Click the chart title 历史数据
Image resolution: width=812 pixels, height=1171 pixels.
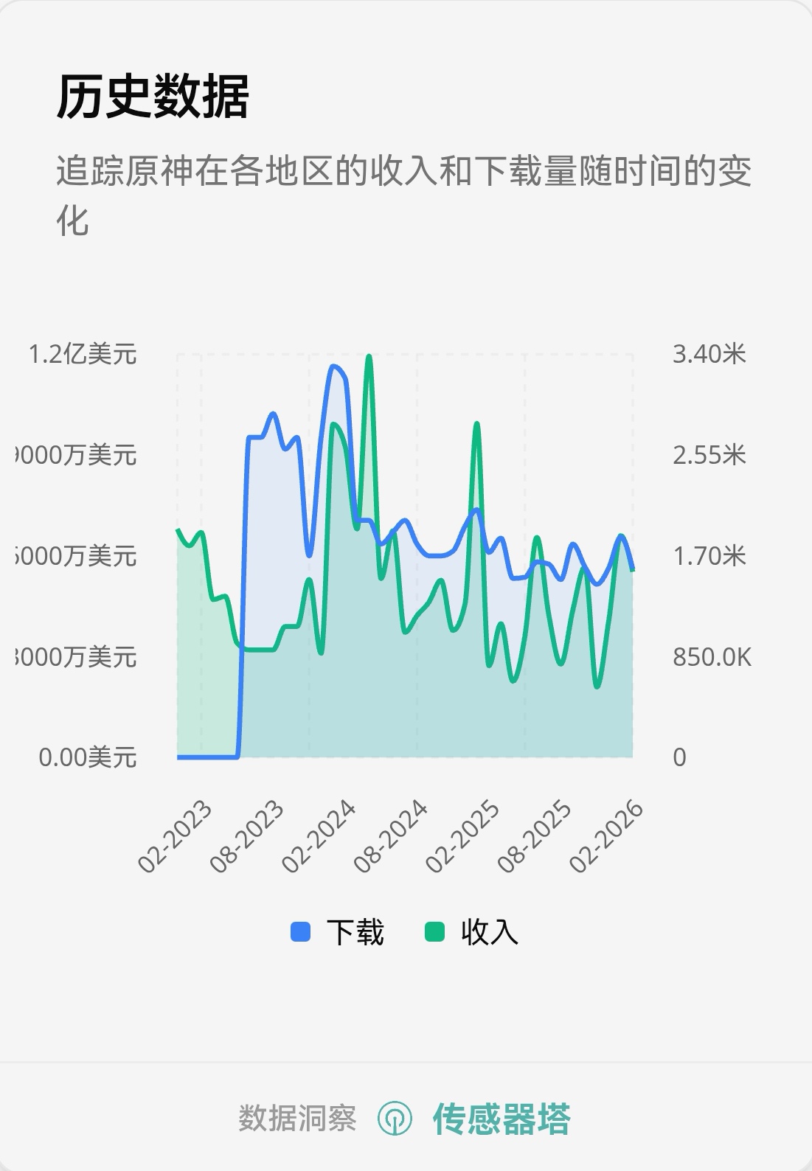(153, 97)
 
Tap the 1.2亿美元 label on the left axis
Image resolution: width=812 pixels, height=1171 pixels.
(83, 355)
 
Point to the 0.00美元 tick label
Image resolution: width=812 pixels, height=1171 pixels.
(88, 757)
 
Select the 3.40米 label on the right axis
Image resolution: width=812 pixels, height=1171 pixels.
(709, 355)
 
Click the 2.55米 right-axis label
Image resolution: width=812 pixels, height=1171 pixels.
(709, 455)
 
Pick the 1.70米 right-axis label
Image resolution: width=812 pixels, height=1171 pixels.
(709, 556)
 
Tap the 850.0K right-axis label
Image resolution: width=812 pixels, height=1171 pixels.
(712, 657)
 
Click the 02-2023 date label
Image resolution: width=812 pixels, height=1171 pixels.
(176, 836)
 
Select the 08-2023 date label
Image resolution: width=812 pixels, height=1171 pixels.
(247, 836)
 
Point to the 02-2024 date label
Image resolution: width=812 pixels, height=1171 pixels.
(319, 836)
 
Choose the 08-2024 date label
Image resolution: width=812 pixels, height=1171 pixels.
(391, 836)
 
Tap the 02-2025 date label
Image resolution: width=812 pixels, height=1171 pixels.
(463, 836)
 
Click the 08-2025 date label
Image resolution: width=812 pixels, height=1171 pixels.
(535, 836)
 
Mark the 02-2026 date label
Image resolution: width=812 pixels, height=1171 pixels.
(607, 836)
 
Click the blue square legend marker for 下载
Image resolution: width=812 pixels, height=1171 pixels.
(300, 932)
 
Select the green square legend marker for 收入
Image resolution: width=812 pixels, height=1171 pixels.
(435, 932)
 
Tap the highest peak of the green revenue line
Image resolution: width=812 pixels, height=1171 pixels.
(369, 357)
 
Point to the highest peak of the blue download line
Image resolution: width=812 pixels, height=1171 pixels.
(333, 366)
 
